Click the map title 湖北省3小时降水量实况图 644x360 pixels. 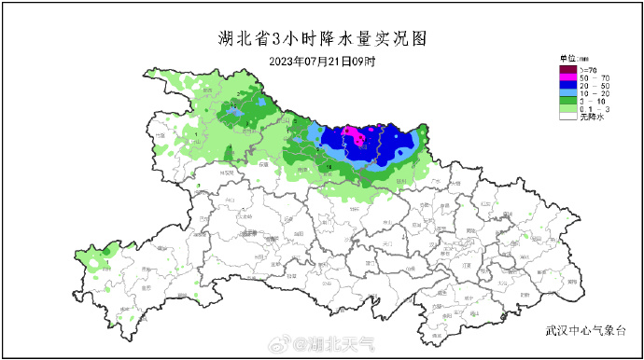(x=321, y=39)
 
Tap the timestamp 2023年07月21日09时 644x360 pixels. (x=321, y=62)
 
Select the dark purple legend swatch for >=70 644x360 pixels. (x=567, y=69)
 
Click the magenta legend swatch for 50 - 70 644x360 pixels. (x=567, y=78)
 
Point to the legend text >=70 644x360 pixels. (x=589, y=69)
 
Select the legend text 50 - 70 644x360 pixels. (x=593, y=78)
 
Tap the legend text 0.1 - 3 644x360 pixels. (x=593, y=110)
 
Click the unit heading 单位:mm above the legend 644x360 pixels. (x=571, y=60)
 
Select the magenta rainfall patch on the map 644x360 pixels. (x=353, y=135)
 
